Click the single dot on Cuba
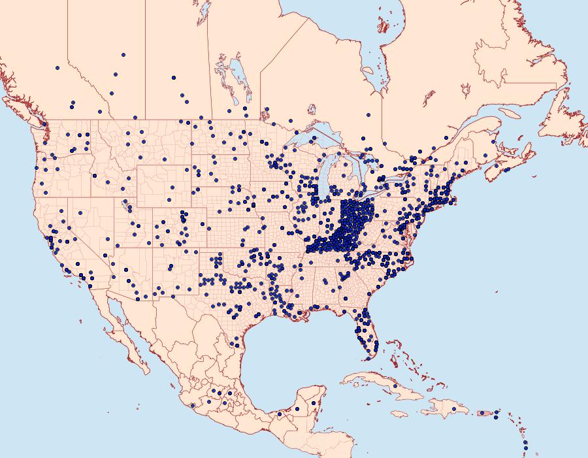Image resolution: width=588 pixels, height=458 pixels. tap(395, 387)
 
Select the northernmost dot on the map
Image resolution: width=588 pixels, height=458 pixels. tap(123, 55)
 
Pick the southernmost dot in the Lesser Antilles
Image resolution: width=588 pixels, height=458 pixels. tap(525, 450)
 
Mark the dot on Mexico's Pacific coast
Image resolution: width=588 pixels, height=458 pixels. tap(193, 406)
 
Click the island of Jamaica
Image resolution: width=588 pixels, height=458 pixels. tap(400, 414)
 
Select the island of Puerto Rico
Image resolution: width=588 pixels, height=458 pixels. tap(486, 413)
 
